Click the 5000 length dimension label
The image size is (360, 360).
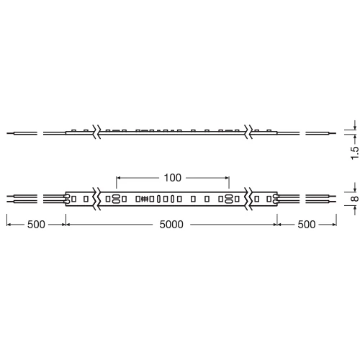[171, 225]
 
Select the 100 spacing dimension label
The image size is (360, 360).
[172, 178]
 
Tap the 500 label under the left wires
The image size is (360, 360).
[36, 225]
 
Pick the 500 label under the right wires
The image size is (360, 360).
[307, 225]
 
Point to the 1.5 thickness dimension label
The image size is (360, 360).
[355, 153]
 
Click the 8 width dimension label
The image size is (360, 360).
[355, 199]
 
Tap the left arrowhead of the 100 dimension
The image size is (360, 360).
[118, 178]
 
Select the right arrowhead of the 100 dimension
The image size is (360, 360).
[227, 178]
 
